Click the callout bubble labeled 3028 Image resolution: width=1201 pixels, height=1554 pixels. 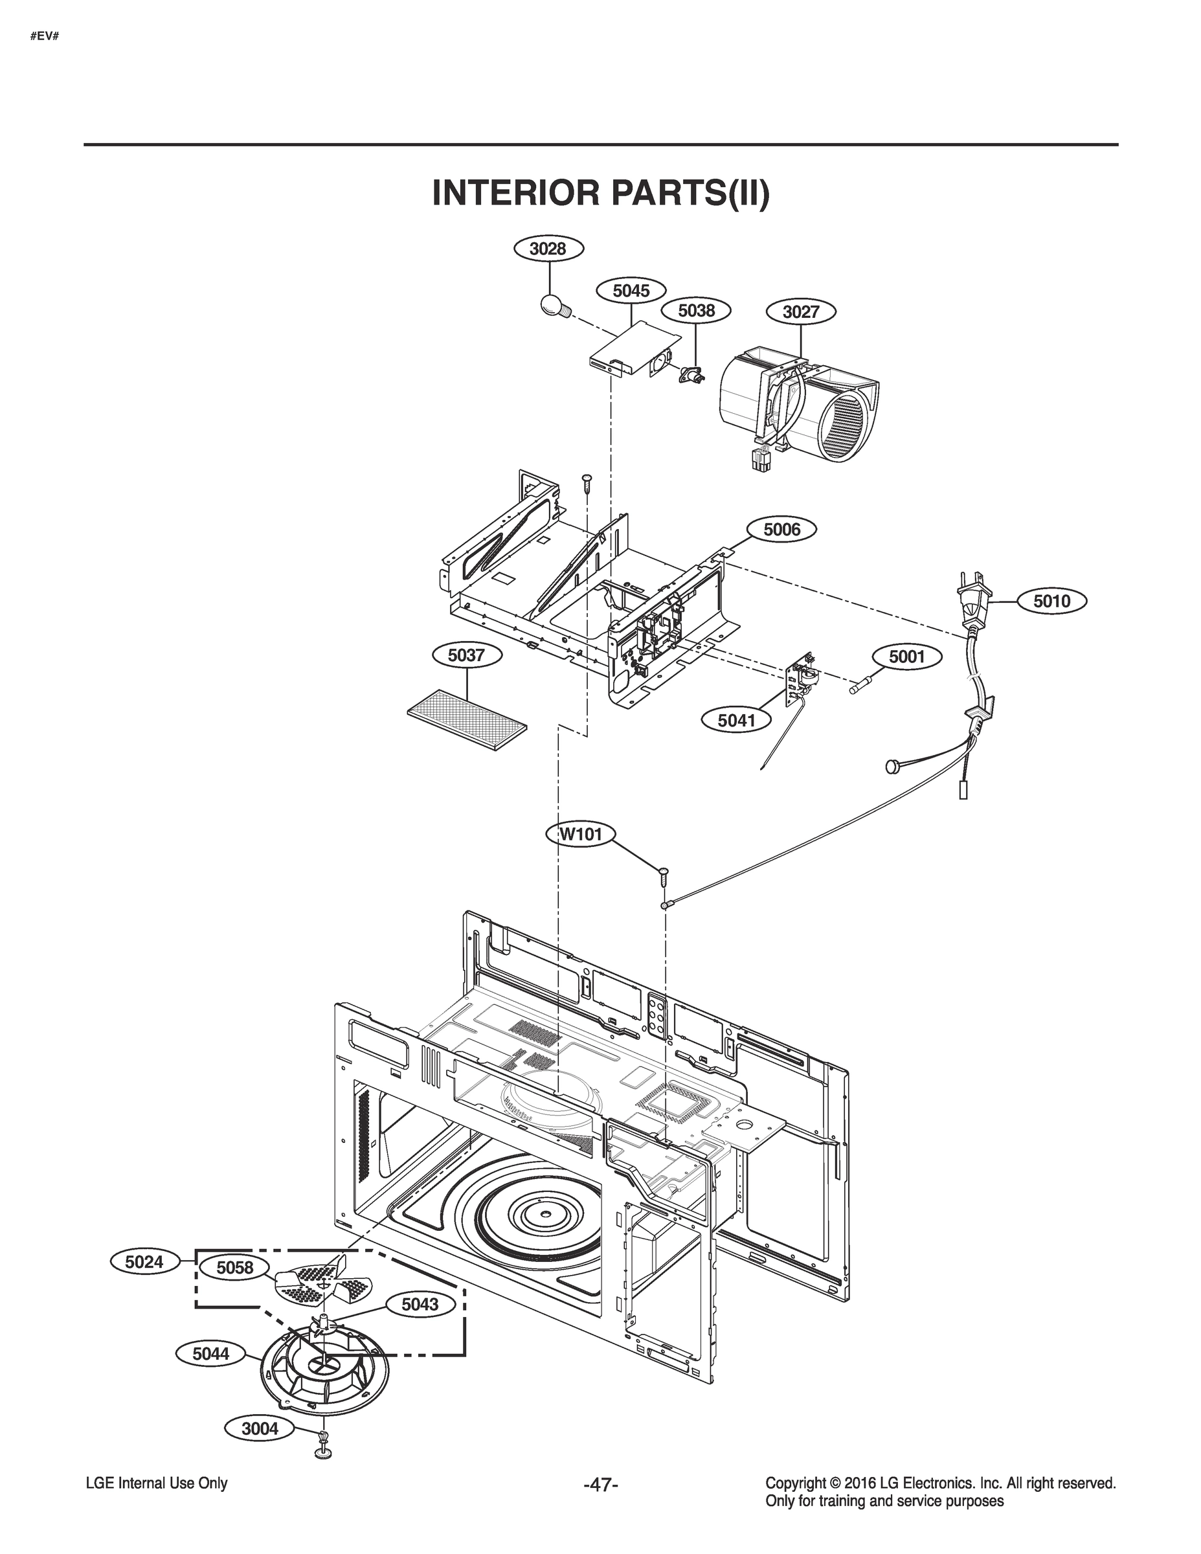coord(548,249)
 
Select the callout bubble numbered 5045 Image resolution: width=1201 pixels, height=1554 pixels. coord(631,291)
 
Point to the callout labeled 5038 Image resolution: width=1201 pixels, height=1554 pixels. coord(697,310)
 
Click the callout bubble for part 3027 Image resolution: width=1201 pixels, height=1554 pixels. coord(801,311)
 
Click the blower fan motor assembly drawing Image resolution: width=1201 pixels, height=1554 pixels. coord(800,403)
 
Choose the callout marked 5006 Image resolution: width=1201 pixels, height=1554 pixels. coord(781,530)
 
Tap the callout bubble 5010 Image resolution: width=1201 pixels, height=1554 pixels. coord(1051,602)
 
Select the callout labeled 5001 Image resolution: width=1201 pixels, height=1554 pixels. coord(906,656)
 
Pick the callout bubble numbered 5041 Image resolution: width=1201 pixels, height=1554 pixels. coord(736,721)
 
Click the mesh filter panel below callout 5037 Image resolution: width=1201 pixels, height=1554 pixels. coord(467,719)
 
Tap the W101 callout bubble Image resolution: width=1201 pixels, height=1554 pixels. coord(581,834)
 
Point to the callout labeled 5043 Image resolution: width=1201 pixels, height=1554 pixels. coord(420,1304)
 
